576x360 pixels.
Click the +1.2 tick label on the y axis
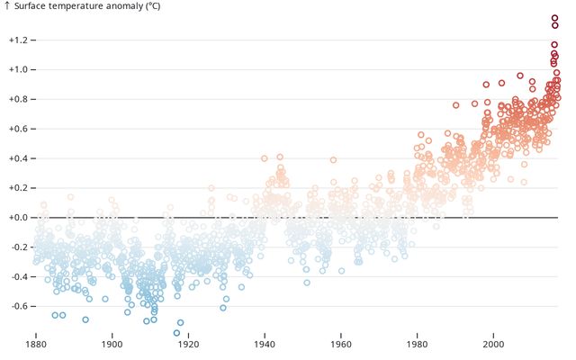point(19,40)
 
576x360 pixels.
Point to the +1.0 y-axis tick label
point(19,69)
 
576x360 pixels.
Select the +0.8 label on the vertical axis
point(19,99)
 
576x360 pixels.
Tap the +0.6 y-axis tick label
point(19,129)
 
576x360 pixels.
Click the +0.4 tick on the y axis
point(19,158)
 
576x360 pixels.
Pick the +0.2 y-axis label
point(19,188)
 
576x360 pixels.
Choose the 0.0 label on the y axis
point(19,218)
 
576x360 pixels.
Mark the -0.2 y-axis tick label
point(19,247)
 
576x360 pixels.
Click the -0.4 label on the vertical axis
point(19,276)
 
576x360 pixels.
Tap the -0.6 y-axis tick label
point(19,306)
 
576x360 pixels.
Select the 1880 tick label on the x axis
point(36,344)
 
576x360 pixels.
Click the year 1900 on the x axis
point(112,344)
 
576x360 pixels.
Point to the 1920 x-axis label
point(188,344)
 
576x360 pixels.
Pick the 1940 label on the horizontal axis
point(265,344)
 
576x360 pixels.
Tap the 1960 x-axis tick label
point(341,344)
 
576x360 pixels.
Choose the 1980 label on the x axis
point(417,344)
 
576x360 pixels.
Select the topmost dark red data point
point(555,18)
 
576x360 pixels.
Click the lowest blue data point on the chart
point(176,333)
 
